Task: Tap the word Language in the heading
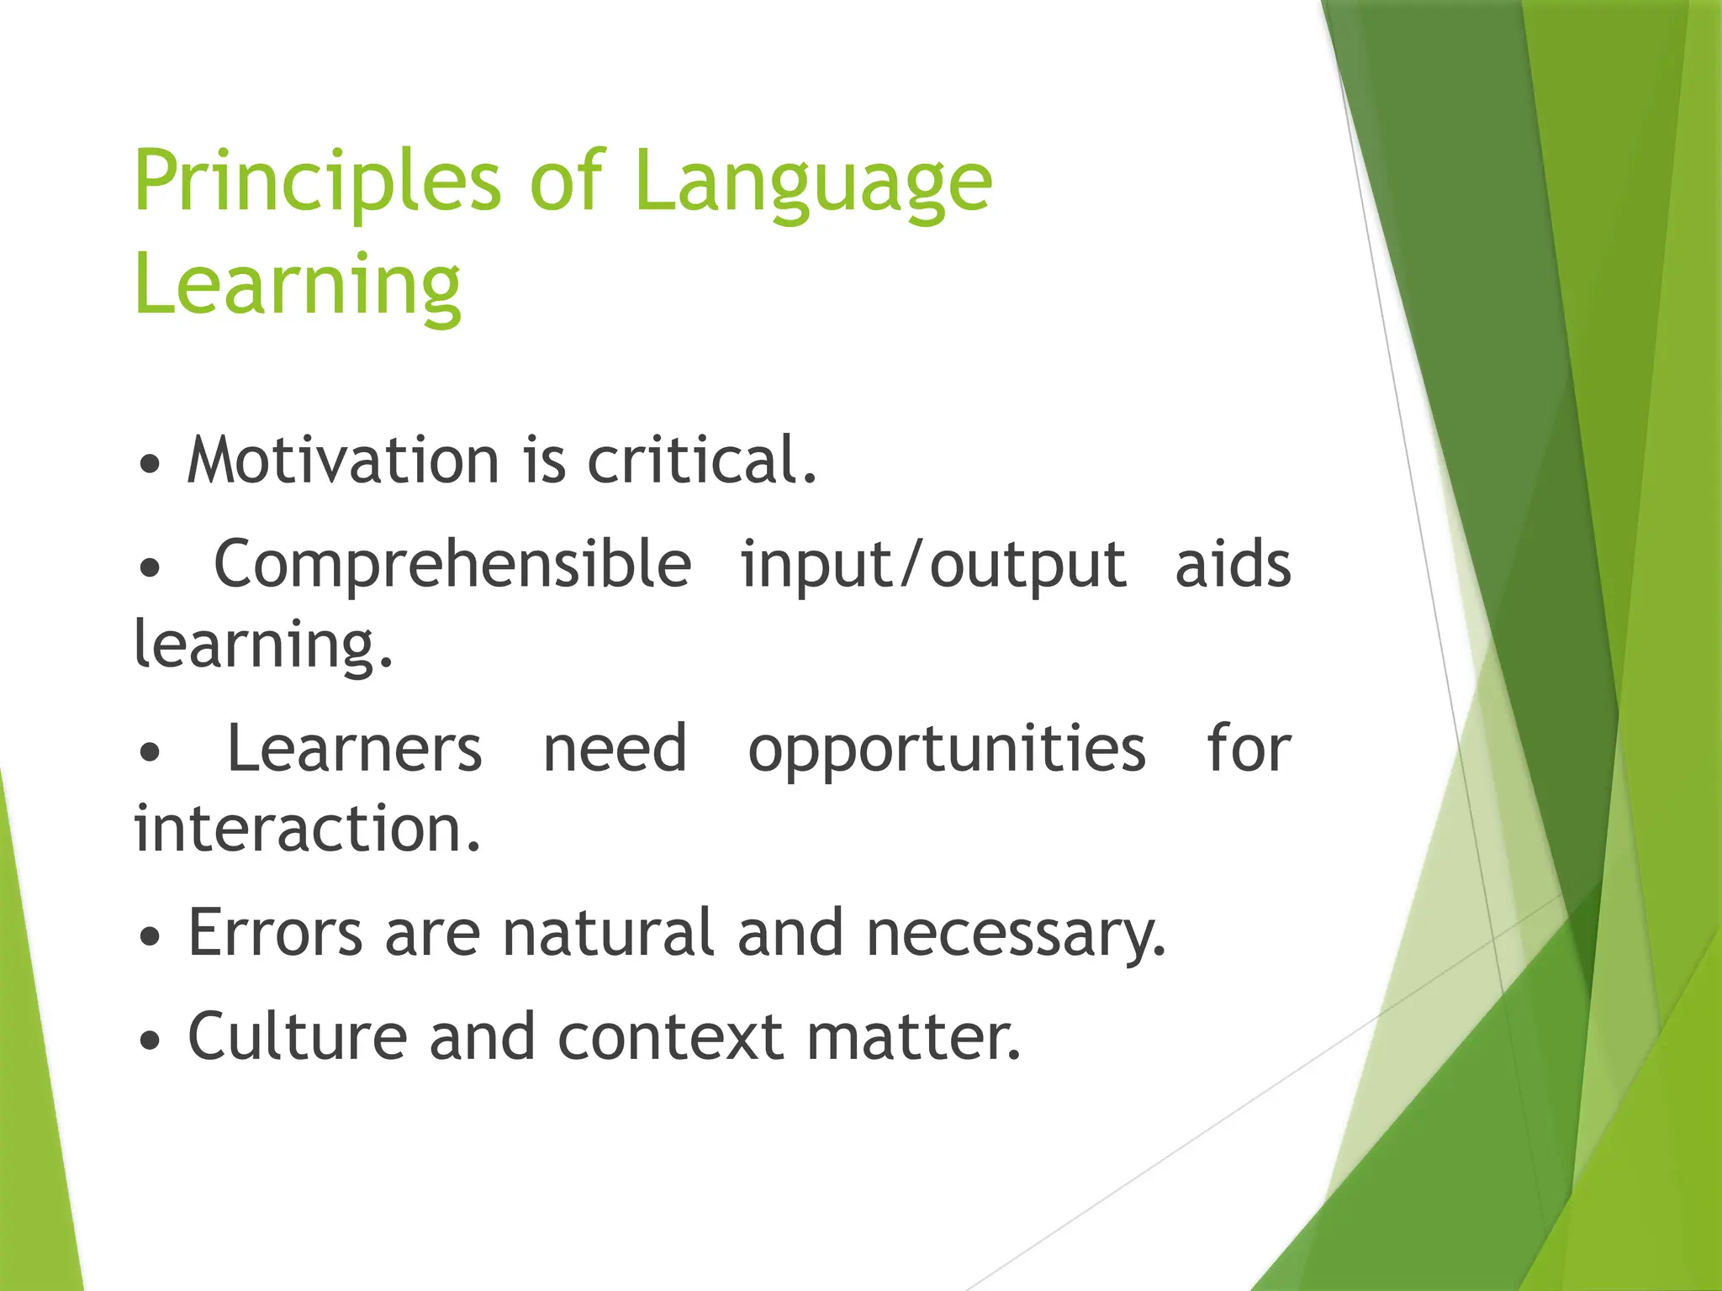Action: pos(813,183)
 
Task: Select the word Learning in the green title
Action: pos(298,286)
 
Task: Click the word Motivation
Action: pos(343,461)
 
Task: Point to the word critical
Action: pos(700,461)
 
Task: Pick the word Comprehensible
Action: pos(452,564)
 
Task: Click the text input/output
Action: pos(933,564)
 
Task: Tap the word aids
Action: pos(1233,564)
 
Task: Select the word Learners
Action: pos(355,749)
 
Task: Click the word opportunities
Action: pos(947,749)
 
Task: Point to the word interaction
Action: pos(307,830)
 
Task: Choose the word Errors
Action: pos(275,933)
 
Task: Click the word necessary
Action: pos(1016,933)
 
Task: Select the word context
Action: pos(670,1036)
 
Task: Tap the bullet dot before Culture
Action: pos(150,1041)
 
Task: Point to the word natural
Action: pos(608,933)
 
